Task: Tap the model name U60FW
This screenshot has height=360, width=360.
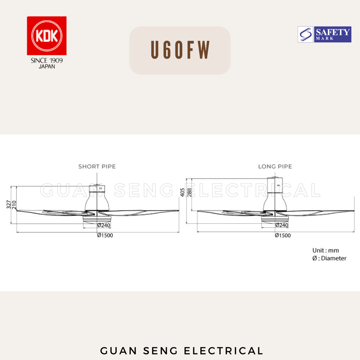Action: coord(180,51)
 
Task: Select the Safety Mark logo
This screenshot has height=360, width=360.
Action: coord(324,35)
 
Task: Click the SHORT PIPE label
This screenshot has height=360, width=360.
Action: coord(97,166)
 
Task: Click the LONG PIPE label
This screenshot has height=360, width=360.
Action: coord(275,166)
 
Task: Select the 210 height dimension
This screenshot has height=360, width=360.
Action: coord(14,204)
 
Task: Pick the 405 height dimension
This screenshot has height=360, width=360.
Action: coord(182,192)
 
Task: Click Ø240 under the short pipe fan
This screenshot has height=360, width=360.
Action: coord(104,225)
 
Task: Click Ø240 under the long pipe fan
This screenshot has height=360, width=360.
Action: coord(282,225)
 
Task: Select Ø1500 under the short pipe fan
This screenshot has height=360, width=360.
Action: coord(105,235)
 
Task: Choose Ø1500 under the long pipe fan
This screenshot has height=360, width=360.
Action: coord(283,235)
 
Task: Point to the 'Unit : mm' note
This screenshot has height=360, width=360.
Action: coord(325,250)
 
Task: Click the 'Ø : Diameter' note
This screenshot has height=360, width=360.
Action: coord(329,258)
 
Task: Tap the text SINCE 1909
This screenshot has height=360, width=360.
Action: coord(47,61)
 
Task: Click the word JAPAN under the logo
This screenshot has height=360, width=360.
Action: coord(47,66)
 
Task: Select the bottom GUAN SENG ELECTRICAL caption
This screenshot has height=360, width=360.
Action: coord(182,351)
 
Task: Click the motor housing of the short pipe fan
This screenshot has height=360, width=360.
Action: coord(96,202)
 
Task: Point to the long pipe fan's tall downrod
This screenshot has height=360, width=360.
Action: coord(275,185)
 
